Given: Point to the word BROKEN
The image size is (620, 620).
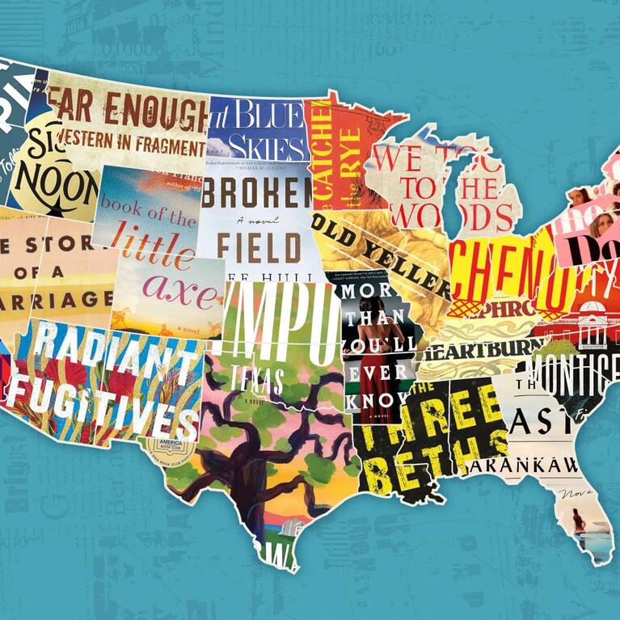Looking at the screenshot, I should click(257, 192).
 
